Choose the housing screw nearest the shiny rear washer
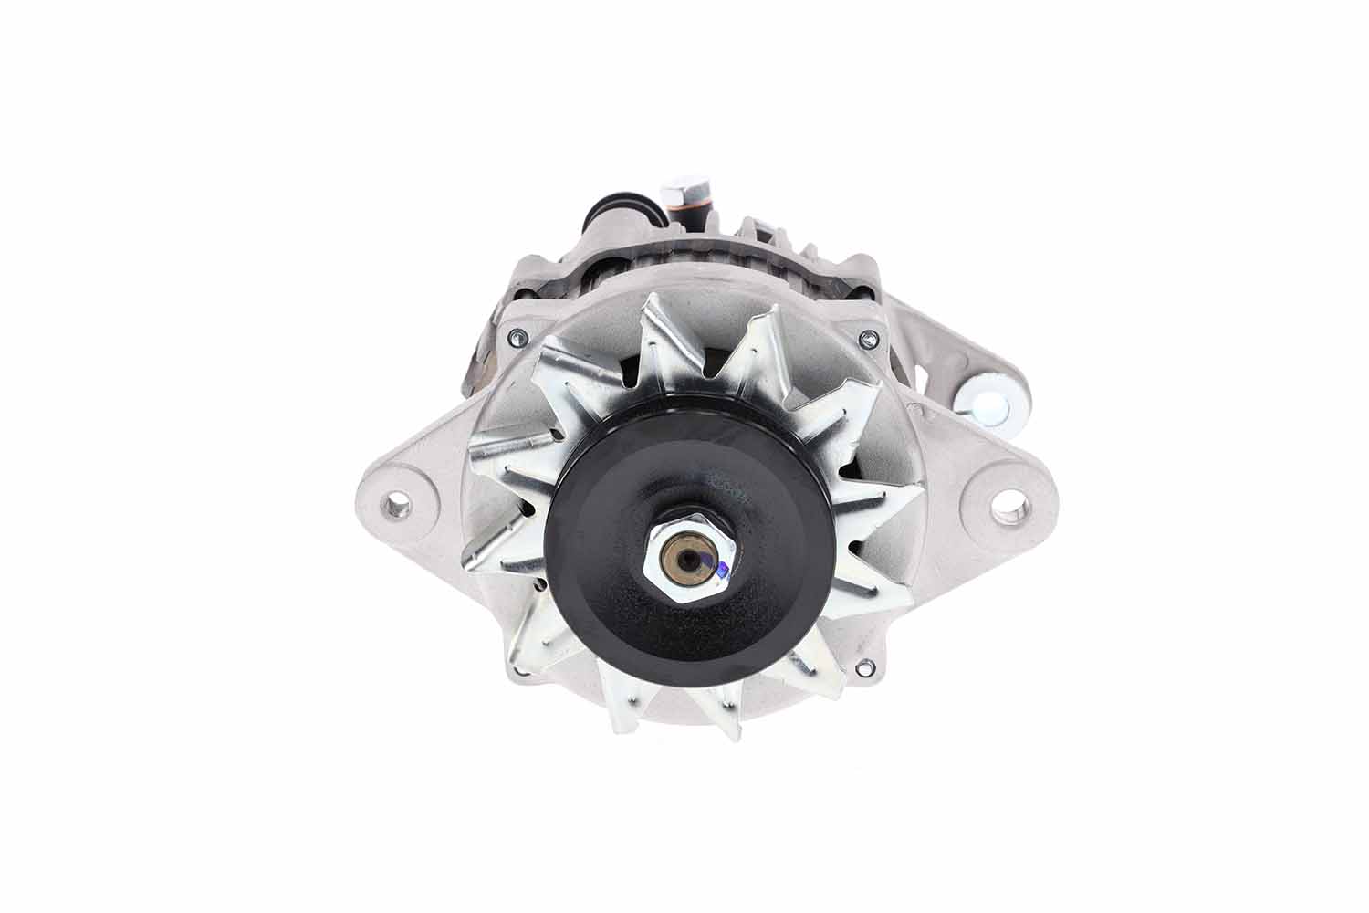(865, 341)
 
